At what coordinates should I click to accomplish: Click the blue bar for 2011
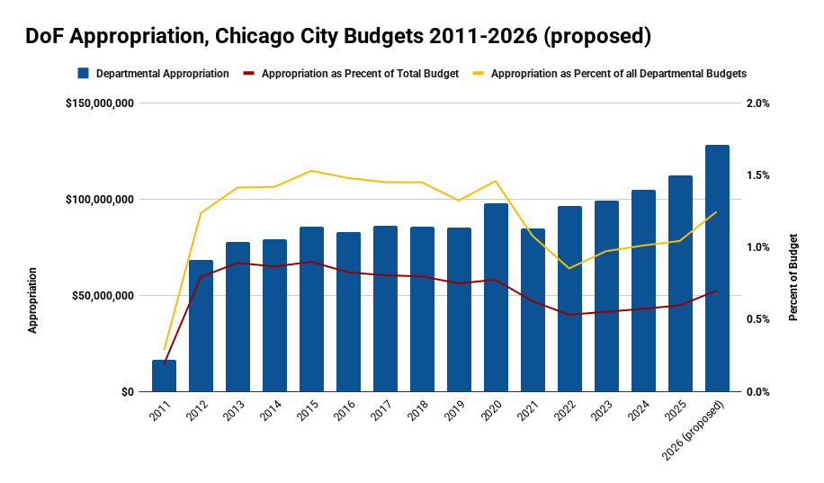tap(164, 376)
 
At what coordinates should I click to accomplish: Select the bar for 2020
tap(496, 297)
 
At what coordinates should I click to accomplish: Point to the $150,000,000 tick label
tap(100, 103)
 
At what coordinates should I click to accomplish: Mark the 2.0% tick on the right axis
tap(758, 103)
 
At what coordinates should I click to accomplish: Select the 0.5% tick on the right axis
tap(758, 319)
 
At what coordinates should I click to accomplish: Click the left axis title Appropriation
tap(32, 300)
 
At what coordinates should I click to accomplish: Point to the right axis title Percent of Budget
tap(793, 277)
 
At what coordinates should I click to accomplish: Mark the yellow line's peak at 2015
tap(311, 171)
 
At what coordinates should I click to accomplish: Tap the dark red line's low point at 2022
tap(569, 315)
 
